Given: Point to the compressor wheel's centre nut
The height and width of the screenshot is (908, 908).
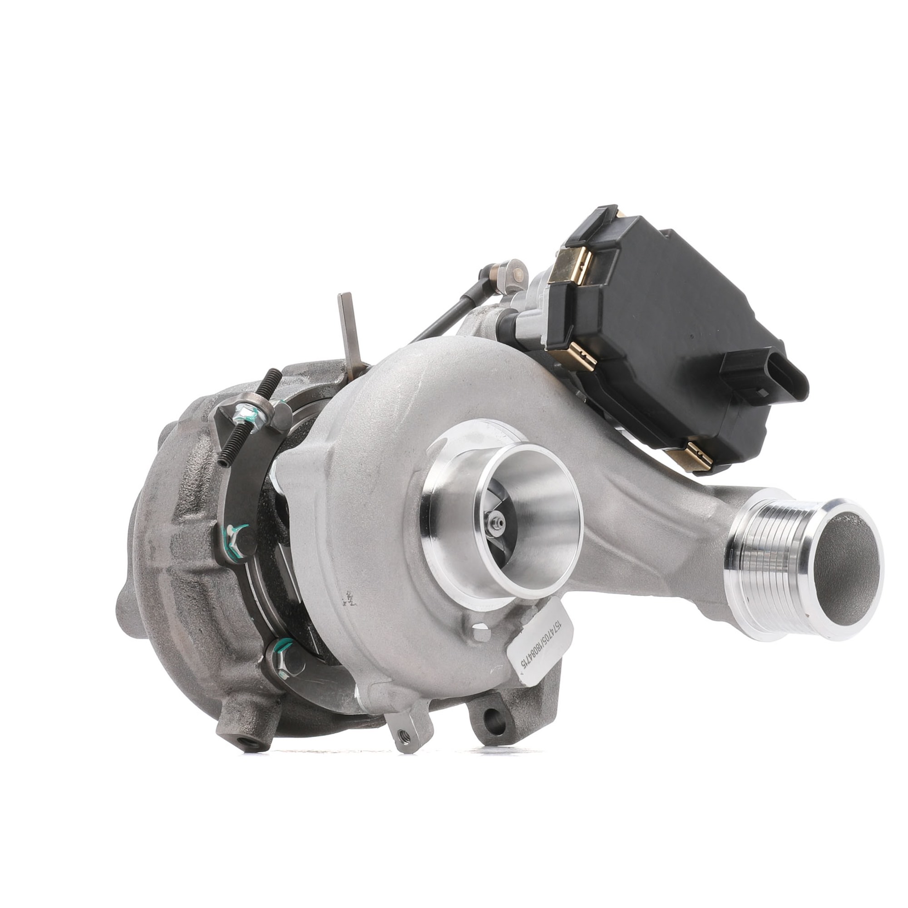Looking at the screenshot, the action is click(495, 521).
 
